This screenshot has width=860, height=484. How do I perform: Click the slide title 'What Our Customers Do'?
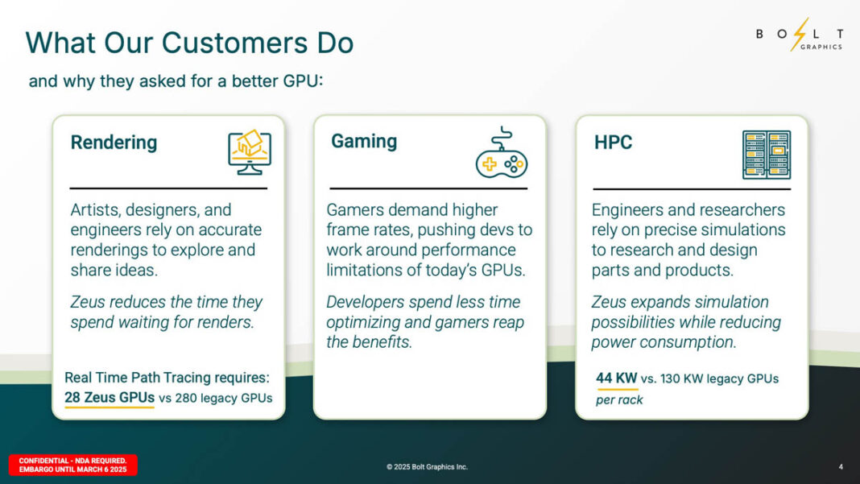189,43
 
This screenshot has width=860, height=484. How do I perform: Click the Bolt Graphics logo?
799,36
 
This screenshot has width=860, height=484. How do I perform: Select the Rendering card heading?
114,143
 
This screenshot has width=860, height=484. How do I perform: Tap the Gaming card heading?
364,141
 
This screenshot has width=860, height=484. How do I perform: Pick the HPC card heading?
613,143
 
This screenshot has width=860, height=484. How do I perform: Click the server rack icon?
766,155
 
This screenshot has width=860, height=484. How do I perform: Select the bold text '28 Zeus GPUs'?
110,397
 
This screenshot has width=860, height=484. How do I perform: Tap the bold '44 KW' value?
616,378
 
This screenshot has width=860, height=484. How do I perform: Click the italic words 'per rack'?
619,400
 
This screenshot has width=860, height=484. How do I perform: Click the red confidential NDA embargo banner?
73,465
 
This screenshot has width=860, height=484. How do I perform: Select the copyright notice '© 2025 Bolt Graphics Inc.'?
427,467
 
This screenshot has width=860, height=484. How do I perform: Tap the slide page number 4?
840,466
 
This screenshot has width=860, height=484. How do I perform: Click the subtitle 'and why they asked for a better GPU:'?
176,81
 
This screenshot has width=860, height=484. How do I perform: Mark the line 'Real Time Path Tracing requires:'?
167,377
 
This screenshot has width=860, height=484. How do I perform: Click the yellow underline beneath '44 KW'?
617,390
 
